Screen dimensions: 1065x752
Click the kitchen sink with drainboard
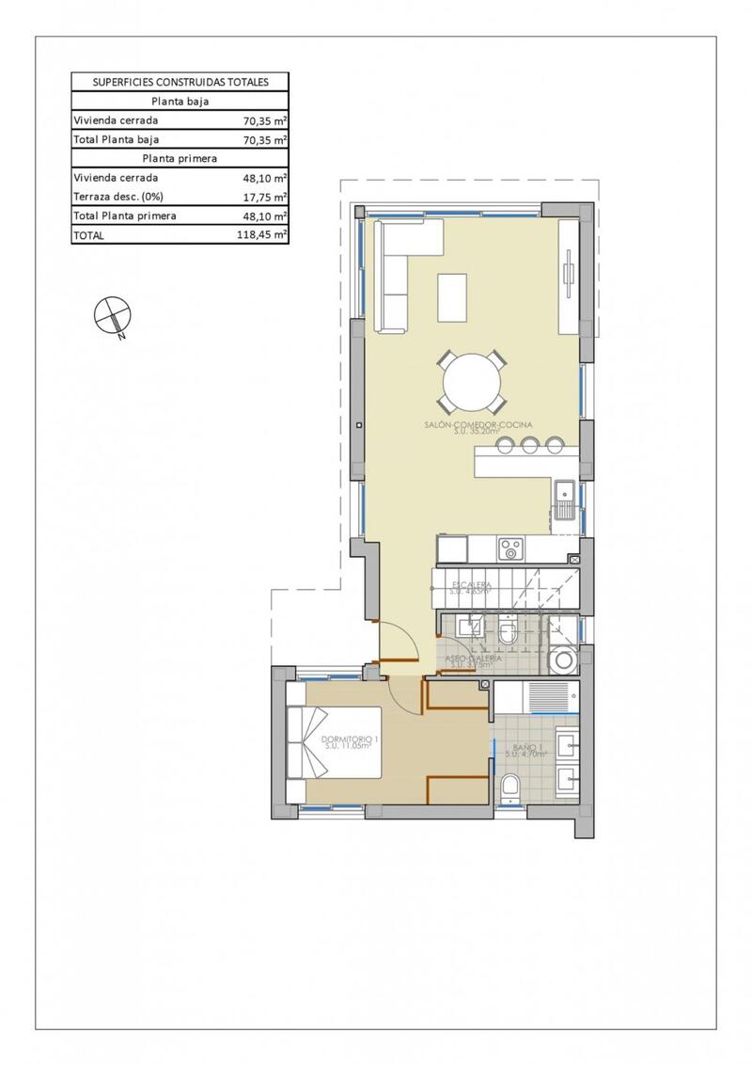coord(565,500)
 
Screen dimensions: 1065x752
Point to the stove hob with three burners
coord(511,547)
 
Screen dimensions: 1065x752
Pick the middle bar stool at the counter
coord(529,445)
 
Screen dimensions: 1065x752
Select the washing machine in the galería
coord(565,660)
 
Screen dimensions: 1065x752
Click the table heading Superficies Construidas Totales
coord(180,82)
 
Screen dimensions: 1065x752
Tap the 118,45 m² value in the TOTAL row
coord(262,235)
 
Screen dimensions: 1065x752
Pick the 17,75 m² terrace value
coord(265,197)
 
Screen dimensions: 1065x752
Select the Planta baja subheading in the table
coord(180,102)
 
